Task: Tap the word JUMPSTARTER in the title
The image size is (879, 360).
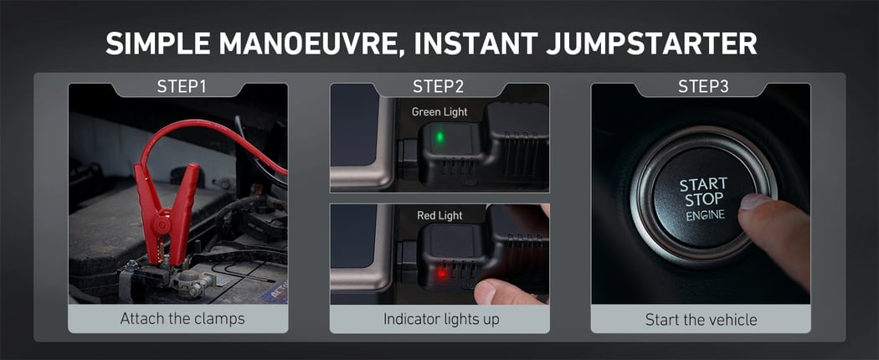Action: pyautogui.click(x=651, y=44)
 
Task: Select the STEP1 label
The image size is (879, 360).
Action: pyautogui.click(x=182, y=86)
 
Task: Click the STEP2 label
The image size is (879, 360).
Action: pyautogui.click(x=439, y=86)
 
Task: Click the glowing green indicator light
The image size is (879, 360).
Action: pyautogui.click(x=440, y=136)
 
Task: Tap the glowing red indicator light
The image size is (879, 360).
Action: pyautogui.click(x=442, y=274)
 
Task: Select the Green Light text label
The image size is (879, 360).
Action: pyautogui.click(x=439, y=111)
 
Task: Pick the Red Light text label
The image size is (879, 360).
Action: pyautogui.click(x=439, y=215)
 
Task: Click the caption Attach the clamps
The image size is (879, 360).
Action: pyautogui.click(x=182, y=319)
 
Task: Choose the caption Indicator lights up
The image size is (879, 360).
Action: pyautogui.click(x=441, y=319)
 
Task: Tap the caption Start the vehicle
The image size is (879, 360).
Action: pyautogui.click(x=701, y=320)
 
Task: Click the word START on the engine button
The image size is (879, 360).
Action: pyautogui.click(x=703, y=184)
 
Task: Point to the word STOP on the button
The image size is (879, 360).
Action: pyautogui.click(x=703, y=199)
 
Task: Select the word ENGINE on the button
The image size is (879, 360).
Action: pyautogui.click(x=705, y=215)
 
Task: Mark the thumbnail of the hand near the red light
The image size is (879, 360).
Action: pyautogui.click(x=485, y=291)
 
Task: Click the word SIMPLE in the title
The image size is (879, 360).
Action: pyautogui.click(x=157, y=44)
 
